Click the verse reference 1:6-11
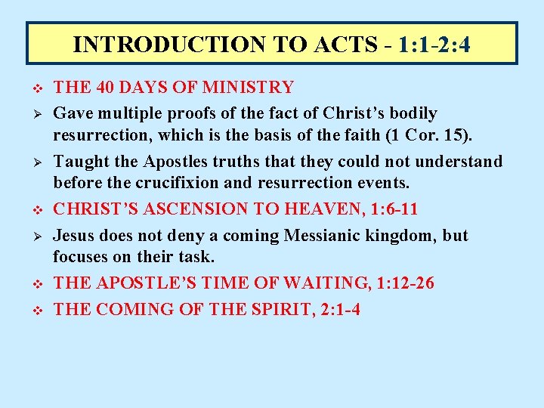coord(394,209)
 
